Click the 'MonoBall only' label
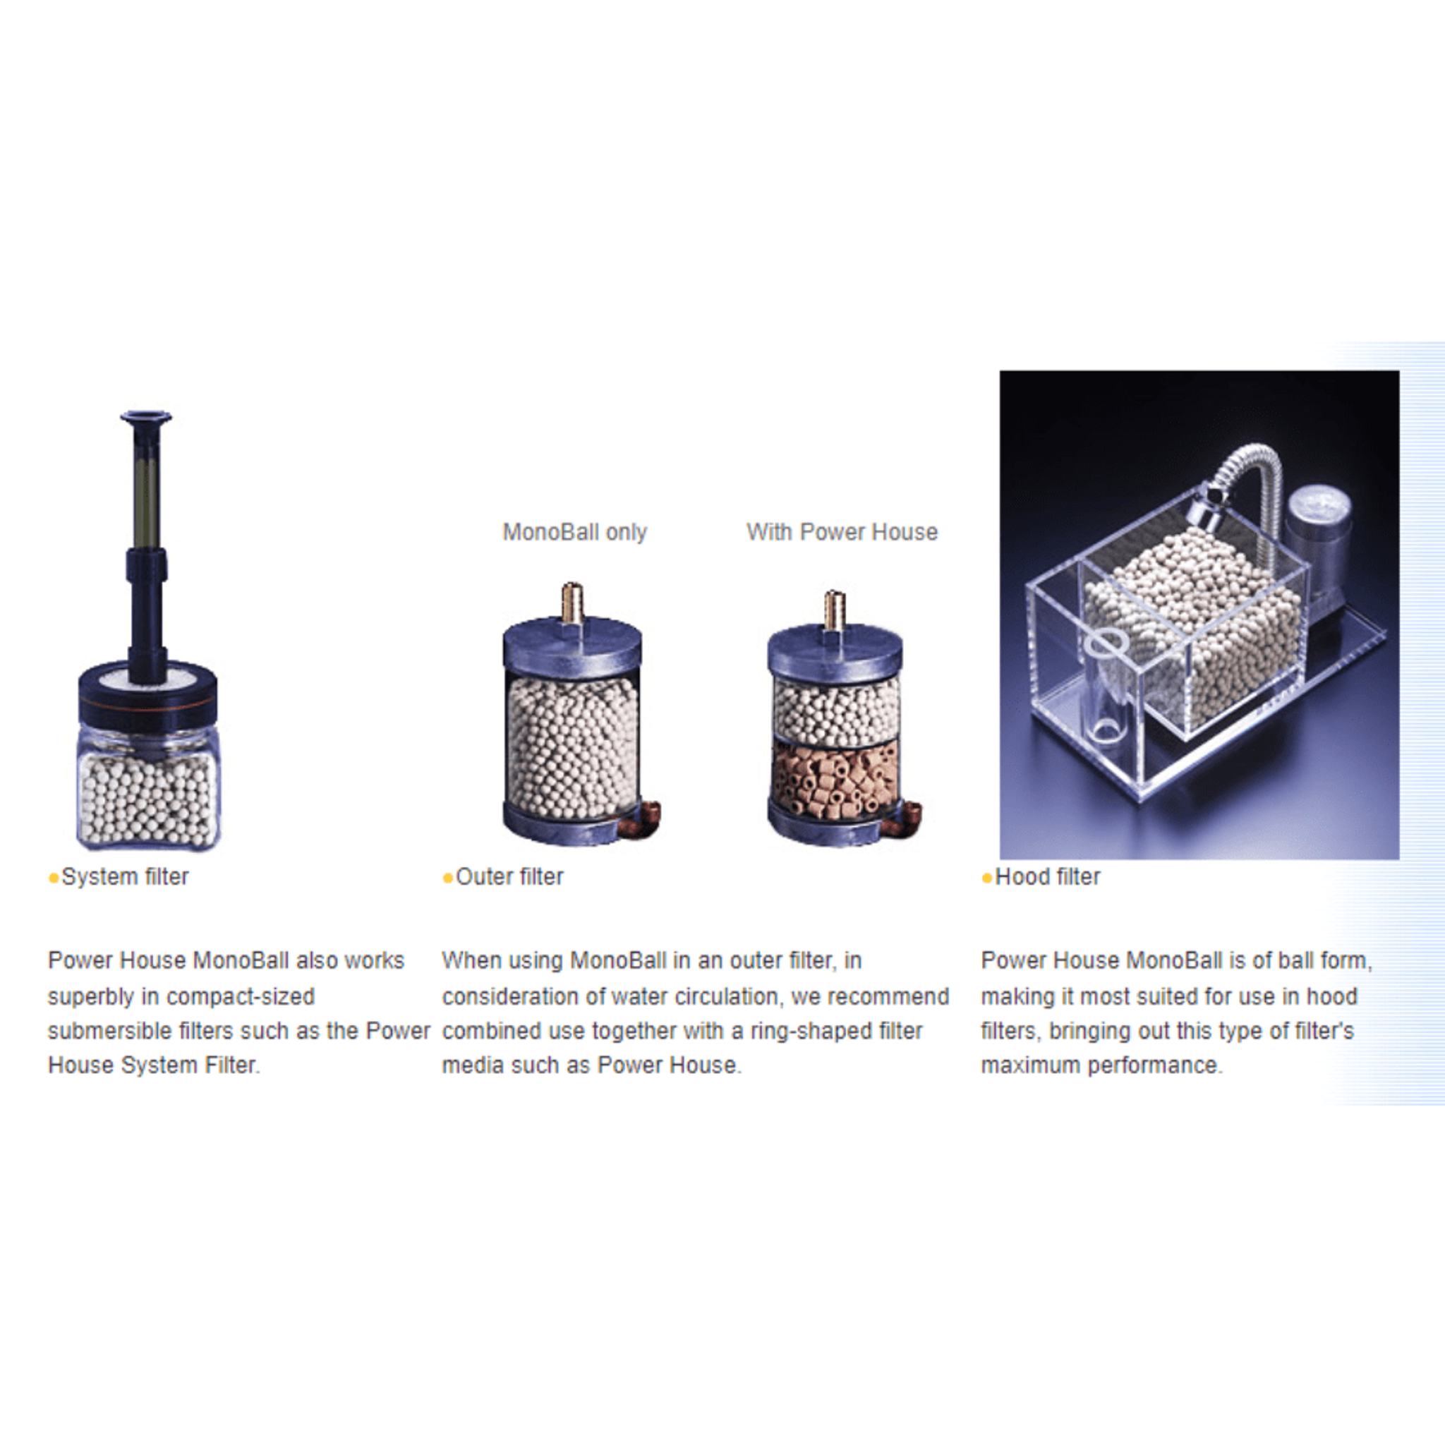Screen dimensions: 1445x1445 (x=574, y=532)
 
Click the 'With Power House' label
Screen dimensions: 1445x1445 (x=842, y=532)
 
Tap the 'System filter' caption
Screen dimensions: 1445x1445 (x=125, y=876)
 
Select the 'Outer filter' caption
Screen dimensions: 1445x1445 (x=509, y=876)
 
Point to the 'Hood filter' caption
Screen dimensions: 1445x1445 (x=1047, y=876)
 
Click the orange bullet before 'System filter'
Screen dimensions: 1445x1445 (x=53, y=878)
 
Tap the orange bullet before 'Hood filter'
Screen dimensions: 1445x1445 (x=986, y=878)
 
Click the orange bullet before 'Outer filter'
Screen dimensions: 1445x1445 (x=447, y=878)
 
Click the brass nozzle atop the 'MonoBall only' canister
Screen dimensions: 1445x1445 (x=572, y=603)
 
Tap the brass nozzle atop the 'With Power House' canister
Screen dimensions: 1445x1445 (x=834, y=610)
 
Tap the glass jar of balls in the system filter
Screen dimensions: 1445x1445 (x=148, y=790)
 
